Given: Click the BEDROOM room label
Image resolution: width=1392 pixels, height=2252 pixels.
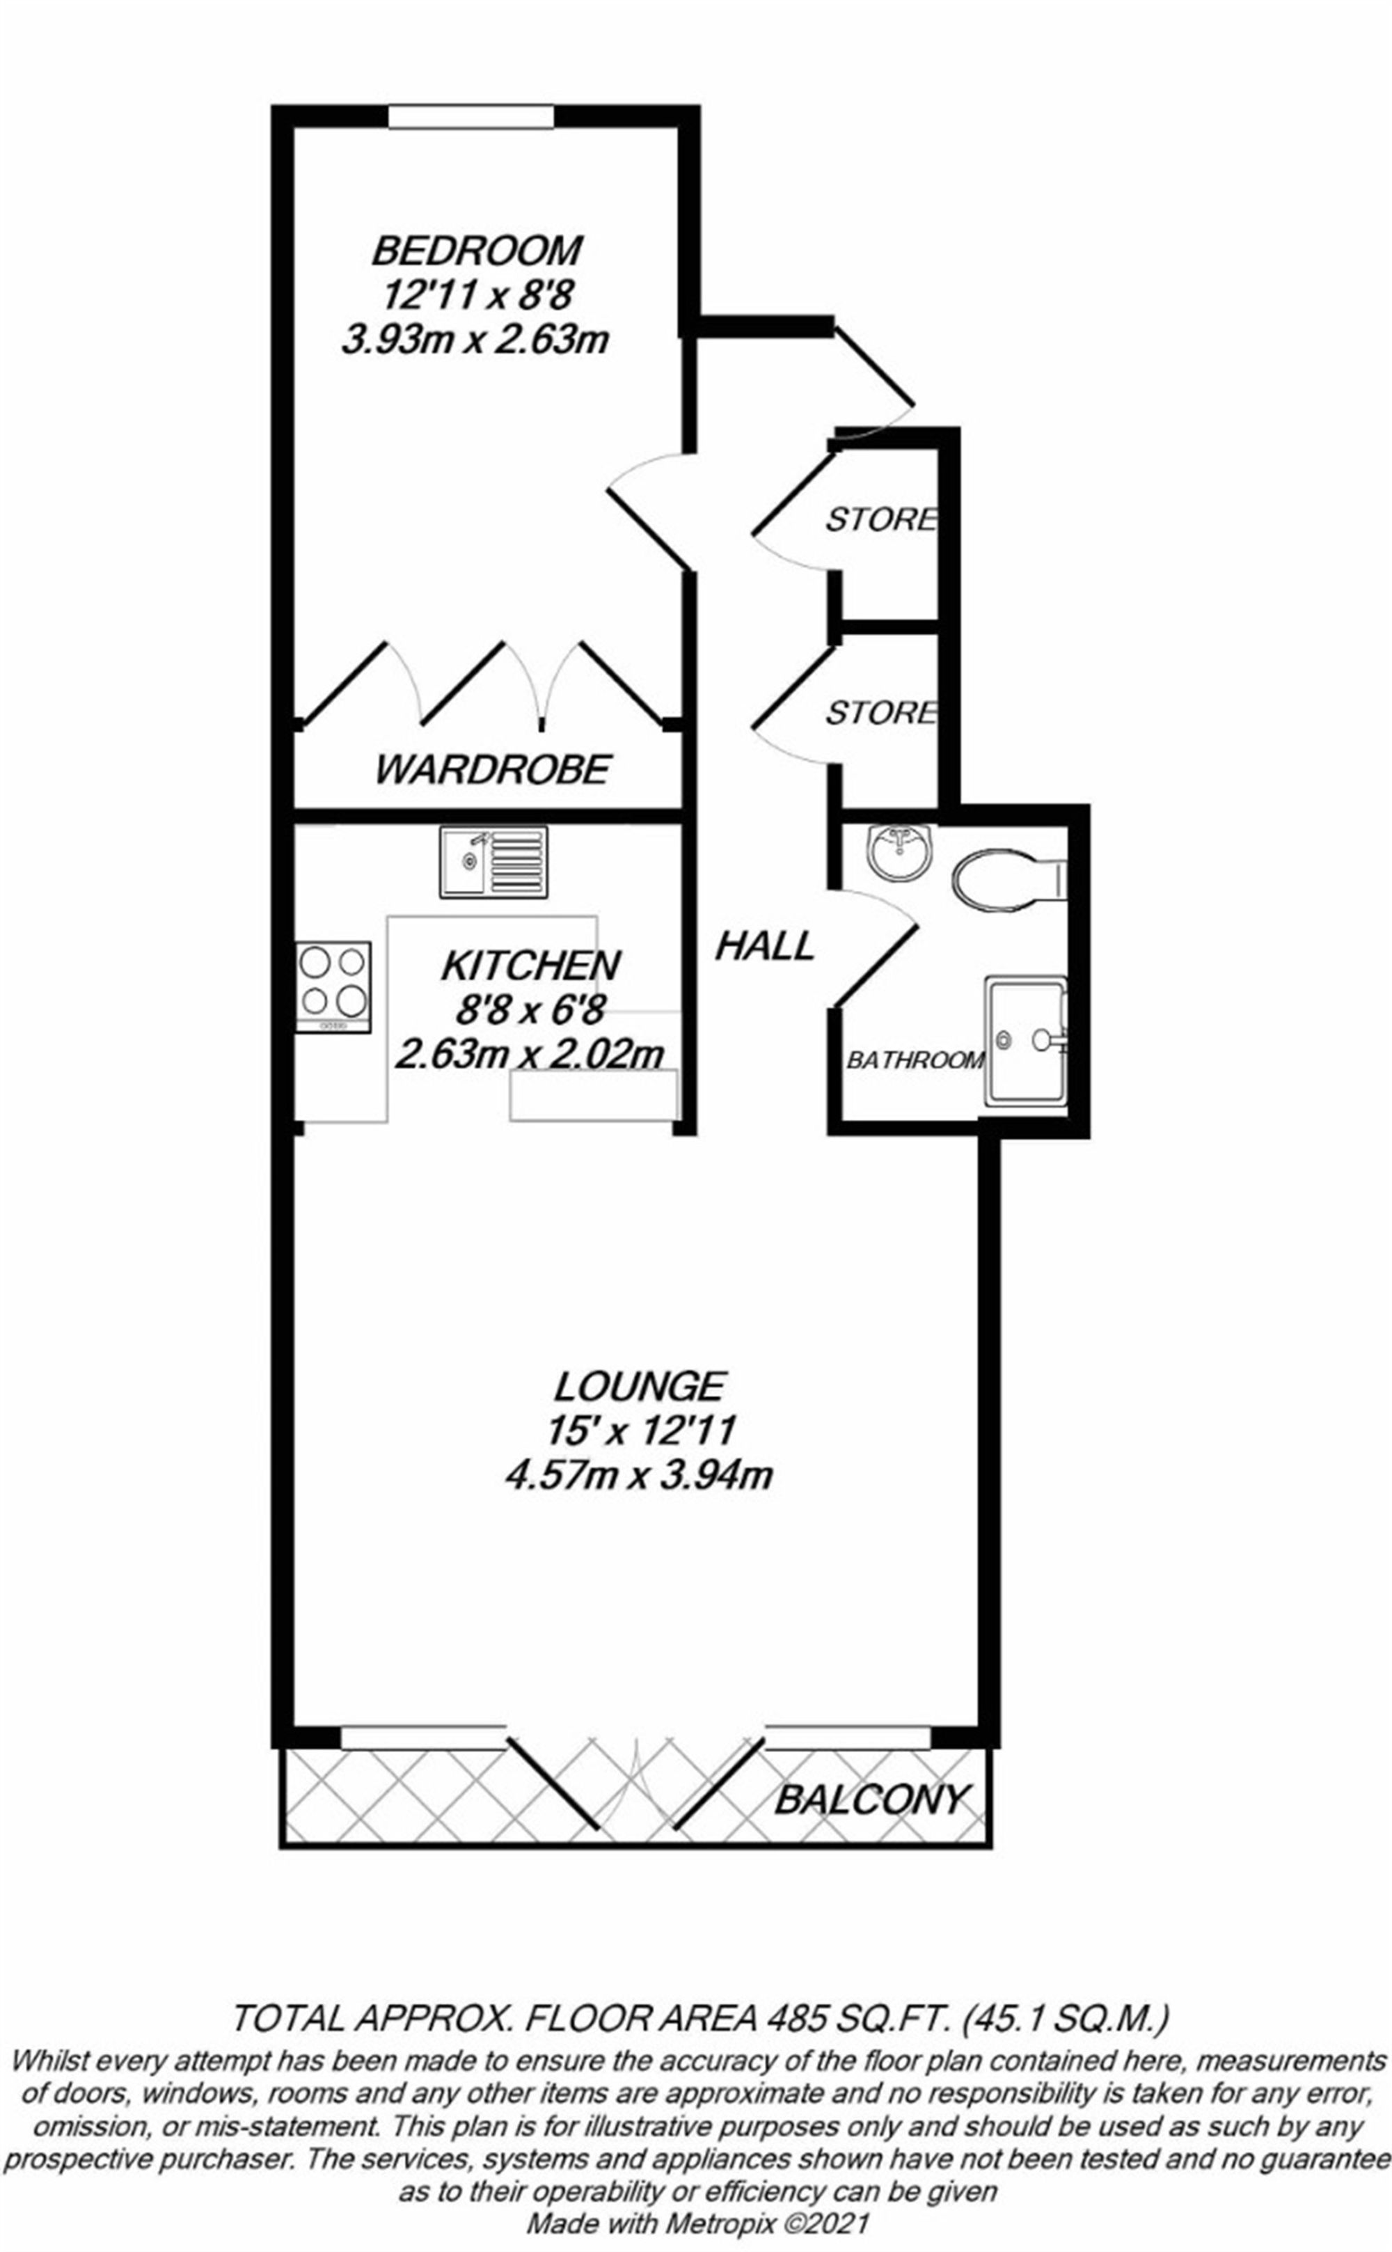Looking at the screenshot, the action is pyautogui.click(x=477, y=251).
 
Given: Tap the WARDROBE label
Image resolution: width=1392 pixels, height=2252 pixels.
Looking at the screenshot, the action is pyautogui.click(x=493, y=769).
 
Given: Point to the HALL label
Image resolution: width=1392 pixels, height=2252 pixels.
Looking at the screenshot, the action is pyautogui.click(x=765, y=945).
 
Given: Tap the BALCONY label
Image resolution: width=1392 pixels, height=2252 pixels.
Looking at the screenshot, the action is pyautogui.click(x=872, y=1815).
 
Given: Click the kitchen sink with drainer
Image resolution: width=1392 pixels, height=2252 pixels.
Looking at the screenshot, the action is pyautogui.click(x=493, y=862).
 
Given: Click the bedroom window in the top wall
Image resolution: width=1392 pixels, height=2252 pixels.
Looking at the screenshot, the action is pyautogui.click(x=470, y=117).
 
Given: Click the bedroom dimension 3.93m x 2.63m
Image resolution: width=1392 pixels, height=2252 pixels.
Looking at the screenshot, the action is pyautogui.click(x=475, y=340).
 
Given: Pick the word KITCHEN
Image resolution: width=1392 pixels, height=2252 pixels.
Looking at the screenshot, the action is pyautogui.click(x=530, y=966).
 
